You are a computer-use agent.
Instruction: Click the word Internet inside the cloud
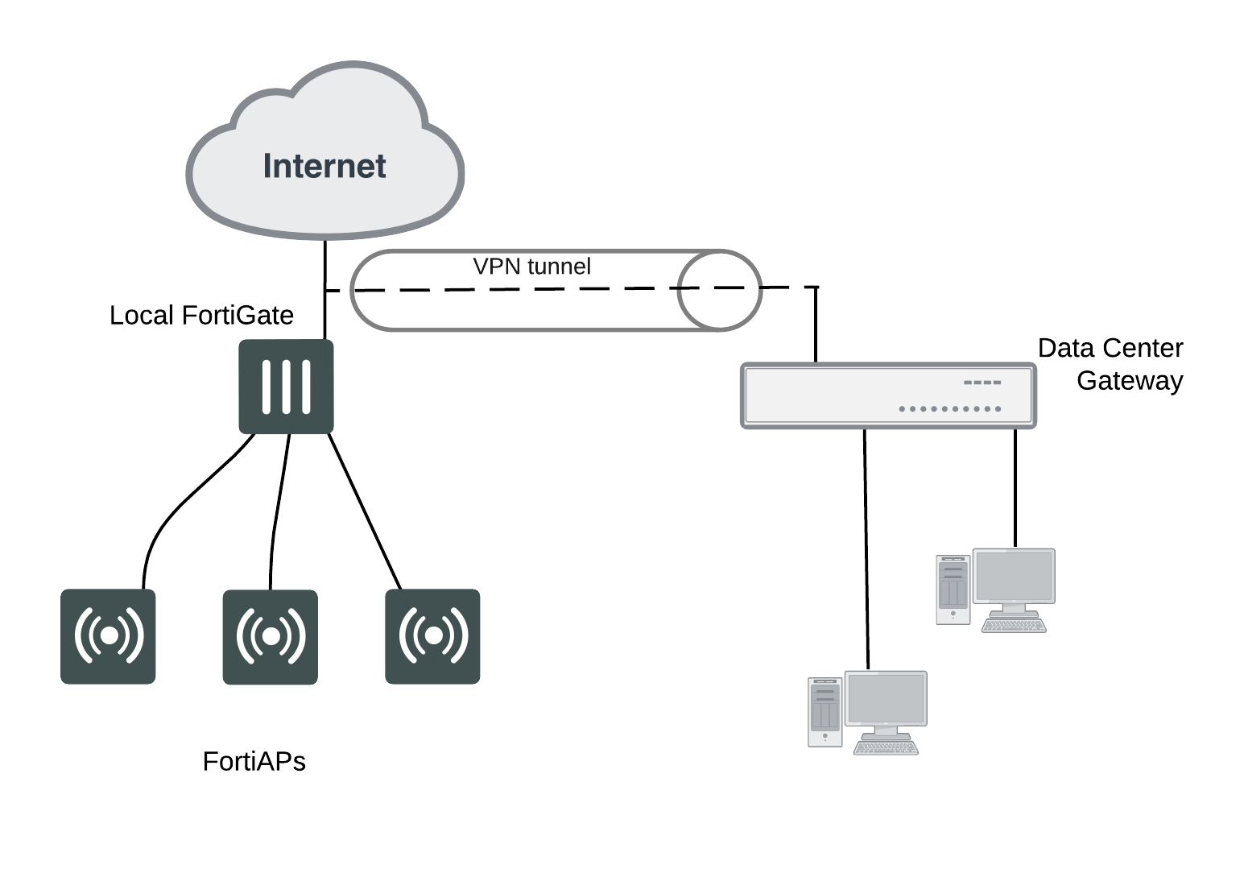tap(324, 166)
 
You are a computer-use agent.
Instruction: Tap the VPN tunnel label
tap(531, 267)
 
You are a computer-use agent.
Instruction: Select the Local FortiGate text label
tap(201, 315)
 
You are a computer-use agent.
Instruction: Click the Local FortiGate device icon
tap(286, 387)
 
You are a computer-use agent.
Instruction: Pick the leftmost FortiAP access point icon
tap(108, 636)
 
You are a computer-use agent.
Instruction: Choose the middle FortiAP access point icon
tap(270, 636)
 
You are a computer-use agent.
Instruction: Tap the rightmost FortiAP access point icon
tap(432, 636)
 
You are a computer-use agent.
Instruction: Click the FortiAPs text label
tap(254, 761)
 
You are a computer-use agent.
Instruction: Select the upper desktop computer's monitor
tap(1014, 577)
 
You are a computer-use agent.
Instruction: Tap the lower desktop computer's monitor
tap(886, 699)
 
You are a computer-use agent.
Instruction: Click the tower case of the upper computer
tap(953, 589)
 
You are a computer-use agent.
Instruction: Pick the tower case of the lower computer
tap(825, 712)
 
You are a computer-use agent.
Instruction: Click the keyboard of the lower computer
tap(886, 748)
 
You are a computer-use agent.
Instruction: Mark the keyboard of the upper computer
tap(1014, 626)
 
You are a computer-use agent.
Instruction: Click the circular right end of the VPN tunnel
tap(719, 290)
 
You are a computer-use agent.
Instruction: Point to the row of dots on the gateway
tap(950, 409)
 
